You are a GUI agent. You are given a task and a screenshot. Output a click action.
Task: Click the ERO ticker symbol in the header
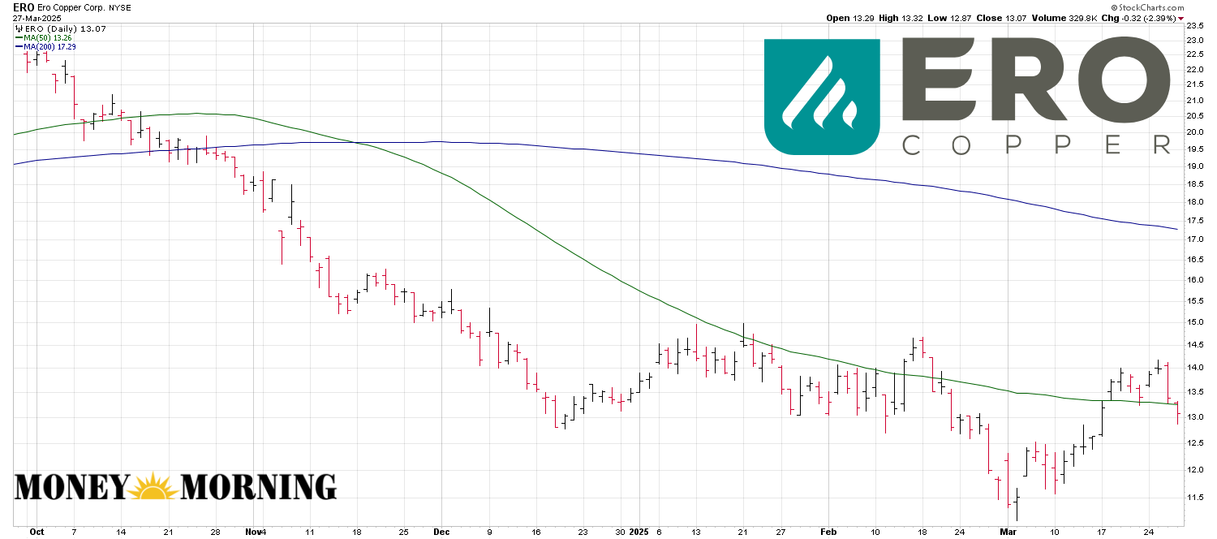click(24, 7)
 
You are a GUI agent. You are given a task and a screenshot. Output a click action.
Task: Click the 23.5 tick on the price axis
click(1195, 26)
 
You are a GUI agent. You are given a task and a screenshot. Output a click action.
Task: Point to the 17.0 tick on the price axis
click(1195, 239)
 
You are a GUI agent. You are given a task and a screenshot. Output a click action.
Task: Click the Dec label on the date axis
click(442, 533)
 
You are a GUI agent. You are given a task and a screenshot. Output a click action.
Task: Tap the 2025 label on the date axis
click(640, 533)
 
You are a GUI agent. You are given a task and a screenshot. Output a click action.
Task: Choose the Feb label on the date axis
click(828, 533)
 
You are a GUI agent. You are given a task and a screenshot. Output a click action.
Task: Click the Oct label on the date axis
click(37, 533)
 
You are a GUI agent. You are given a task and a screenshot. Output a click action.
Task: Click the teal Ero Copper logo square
click(822, 97)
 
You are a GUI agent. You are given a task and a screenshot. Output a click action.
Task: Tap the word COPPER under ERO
click(1036, 145)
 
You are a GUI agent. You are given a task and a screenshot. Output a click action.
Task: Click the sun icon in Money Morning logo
click(154, 487)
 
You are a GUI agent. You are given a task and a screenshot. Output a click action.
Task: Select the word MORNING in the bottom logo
click(258, 487)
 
